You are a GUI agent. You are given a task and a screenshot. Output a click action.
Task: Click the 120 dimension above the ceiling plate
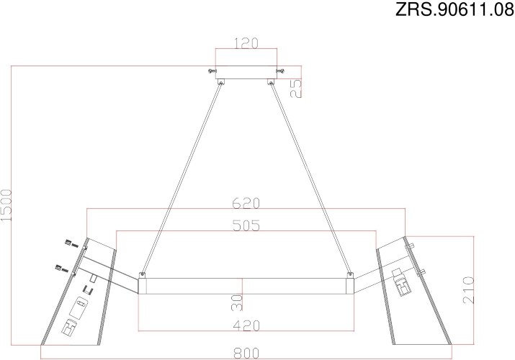[247, 42]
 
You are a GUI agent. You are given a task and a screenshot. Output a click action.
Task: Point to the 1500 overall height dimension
[7, 208]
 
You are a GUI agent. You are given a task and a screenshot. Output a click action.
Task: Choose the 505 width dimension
[246, 225]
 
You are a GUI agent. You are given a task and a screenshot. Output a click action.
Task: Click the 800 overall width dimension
[246, 354]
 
